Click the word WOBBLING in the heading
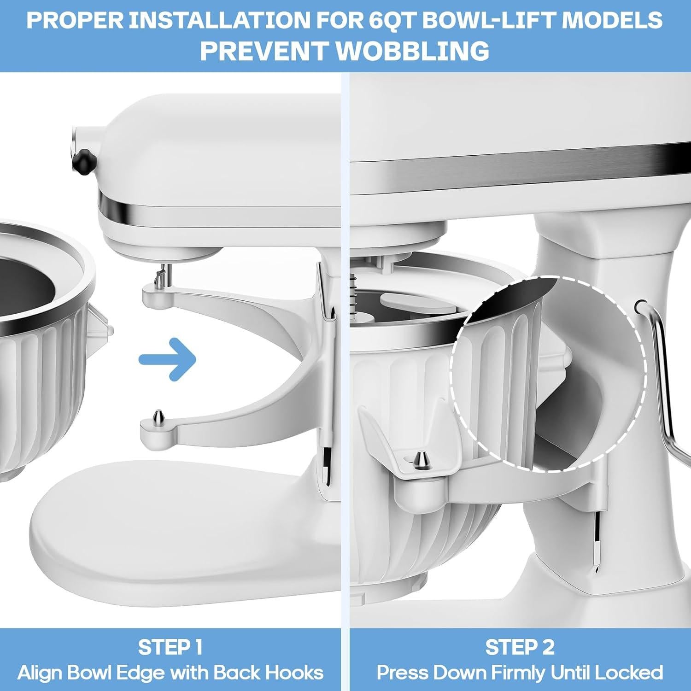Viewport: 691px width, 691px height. click(x=412, y=50)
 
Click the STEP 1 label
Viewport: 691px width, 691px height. click(x=170, y=647)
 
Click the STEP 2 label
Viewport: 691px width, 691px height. click(x=520, y=647)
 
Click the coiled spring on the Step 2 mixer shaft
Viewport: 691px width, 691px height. click(x=354, y=295)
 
